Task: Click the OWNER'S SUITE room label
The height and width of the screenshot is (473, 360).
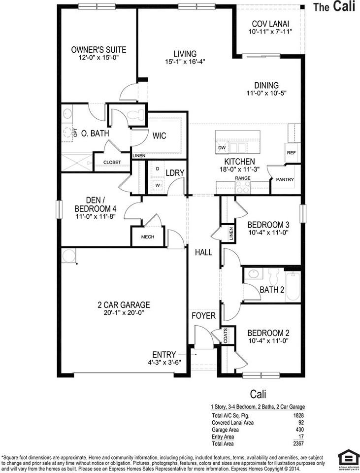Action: pos(98,50)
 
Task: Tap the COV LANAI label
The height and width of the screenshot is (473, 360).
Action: pos(270,24)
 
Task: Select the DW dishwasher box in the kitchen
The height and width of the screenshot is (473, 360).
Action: pos(221,148)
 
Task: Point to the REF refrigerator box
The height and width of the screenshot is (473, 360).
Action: pos(291,153)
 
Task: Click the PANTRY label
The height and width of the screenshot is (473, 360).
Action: pos(285,179)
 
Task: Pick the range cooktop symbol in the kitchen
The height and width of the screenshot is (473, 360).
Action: pos(243,187)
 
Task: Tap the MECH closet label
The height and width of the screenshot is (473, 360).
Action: pos(147,237)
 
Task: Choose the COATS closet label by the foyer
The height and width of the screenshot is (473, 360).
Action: pos(226,337)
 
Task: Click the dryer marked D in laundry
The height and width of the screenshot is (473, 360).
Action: pos(158,169)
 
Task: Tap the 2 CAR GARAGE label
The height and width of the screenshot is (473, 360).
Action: pos(124,305)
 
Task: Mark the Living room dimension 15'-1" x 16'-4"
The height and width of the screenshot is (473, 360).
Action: pos(185,62)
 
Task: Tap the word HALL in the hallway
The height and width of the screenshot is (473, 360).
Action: pos(203,252)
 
